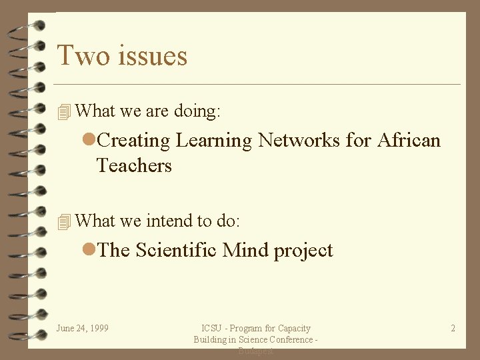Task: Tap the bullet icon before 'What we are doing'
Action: pos(64,112)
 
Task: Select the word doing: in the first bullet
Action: pos(197,111)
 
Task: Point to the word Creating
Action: pos(133,141)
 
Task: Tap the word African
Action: pos(409,141)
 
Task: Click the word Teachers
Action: pos(134,165)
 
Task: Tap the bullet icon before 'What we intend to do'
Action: pos(64,222)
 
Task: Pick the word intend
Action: pos(167,221)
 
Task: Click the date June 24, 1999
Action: pos(83,328)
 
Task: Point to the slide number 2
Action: pos(453,328)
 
